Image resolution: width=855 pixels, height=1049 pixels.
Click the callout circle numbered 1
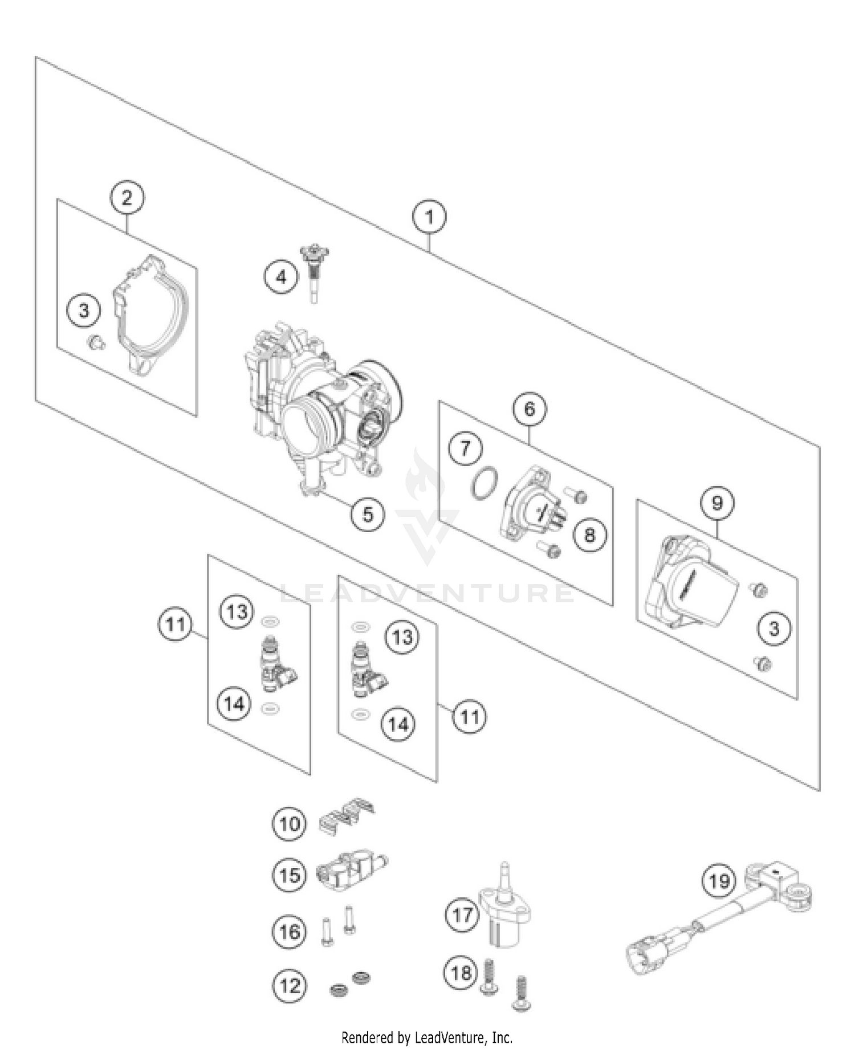tap(429, 217)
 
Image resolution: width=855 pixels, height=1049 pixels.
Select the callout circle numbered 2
tap(127, 198)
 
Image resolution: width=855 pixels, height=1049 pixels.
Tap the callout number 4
tap(281, 277)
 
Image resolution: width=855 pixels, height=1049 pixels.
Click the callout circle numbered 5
tap(368, 514)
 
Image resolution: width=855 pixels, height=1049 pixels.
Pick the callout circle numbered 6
tap(530, 409)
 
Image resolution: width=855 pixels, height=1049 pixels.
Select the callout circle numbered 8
tap(589, 534)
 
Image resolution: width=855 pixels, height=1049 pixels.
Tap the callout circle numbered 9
tap(716, 503)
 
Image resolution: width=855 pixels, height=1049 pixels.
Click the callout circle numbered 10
tap(289, 823)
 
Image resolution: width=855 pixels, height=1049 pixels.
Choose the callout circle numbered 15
tap(289, 875)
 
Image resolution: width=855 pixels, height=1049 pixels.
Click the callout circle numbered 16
tap(289, 932)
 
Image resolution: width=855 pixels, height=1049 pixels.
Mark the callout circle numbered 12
tap(289, 985)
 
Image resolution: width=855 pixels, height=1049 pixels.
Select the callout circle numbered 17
tap(462, 915)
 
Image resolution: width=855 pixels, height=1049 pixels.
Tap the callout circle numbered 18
tap(461, 972)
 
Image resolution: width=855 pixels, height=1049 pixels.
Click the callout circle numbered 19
tap(719, 881)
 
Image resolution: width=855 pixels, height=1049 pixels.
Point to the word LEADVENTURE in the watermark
tap(427, 593)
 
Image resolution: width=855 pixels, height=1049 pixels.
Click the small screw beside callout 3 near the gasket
tap(97, 342)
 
